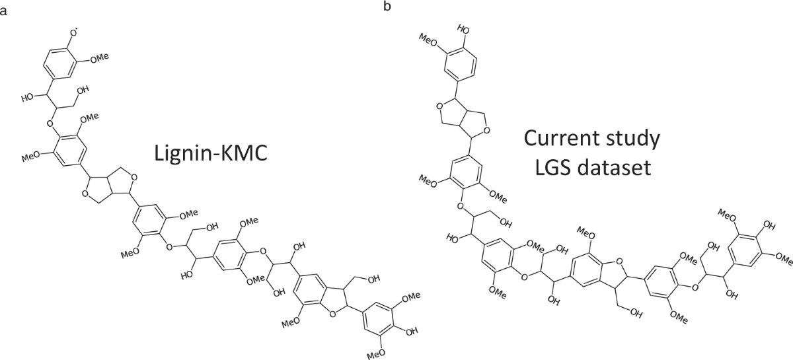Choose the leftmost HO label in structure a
coord(28,97)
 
